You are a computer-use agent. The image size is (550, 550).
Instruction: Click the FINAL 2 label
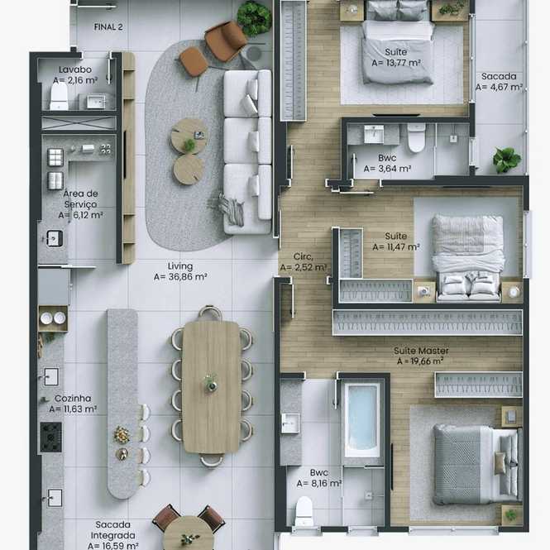click(x=108, y=27)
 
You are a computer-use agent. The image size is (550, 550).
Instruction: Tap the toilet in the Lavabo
click(x=59, y=97)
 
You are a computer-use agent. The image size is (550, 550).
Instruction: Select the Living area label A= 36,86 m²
click(x=180, y=277)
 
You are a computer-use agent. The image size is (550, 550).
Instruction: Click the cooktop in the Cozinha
click(x=50, y=437)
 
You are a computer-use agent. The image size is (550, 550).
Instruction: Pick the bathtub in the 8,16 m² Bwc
click(x=361, y=420)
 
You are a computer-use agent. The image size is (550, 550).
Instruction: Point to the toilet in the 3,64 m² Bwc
click(x=416, y=138)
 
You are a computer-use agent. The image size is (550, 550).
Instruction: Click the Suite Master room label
click(x=421, y=351)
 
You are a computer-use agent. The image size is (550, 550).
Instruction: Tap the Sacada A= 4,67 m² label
click(x=499, y=82)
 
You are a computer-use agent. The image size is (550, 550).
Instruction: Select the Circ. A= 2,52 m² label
click(x=304, y=262)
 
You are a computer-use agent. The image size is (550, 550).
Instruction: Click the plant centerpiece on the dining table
click(x=211, y=383)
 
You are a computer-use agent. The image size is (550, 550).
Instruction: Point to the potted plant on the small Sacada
click(x=506, y=160)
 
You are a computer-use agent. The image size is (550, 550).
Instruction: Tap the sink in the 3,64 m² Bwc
click(x=374, y=134)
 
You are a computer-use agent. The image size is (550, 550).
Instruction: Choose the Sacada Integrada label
click(x=113, y=530)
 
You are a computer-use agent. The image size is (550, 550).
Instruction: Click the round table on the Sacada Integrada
click(x=189, y=533)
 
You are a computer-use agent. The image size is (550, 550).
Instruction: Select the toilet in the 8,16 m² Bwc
click(x=304, y=511)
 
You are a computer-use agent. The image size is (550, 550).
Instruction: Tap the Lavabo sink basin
click(x=96, y=102)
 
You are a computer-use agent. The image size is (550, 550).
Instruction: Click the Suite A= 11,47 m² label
click(x=396, y=242)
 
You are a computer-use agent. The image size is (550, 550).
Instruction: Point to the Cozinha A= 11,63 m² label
click(x=73, y=404)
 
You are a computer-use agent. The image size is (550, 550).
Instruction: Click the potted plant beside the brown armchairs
click(x=254, y=17)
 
